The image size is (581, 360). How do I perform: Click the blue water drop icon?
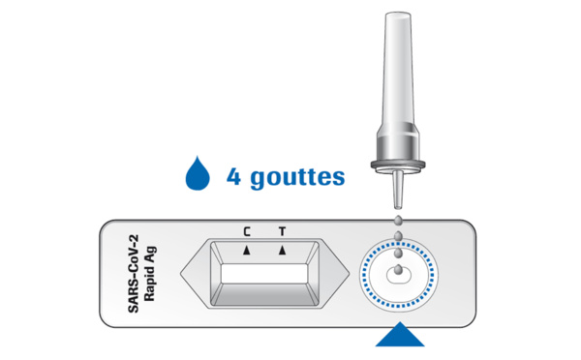pos(198,175)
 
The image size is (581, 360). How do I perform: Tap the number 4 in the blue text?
pos(233,177)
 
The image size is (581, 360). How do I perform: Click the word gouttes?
pos(297,178)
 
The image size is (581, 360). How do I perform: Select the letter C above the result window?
pos(247,232)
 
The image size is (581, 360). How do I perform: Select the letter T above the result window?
pos(283,232)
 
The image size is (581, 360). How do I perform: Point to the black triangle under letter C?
pos(247,251)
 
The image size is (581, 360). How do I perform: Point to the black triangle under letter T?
pos(283,251)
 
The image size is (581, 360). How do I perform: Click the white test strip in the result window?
pos(264,274)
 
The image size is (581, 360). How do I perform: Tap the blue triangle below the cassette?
pos(400,335)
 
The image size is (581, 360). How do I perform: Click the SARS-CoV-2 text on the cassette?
pos(133,274)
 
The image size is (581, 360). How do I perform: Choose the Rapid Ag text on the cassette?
pos(149,274)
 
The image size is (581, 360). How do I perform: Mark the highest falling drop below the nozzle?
pos(398,221)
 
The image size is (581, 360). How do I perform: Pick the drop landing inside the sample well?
pos(398,269)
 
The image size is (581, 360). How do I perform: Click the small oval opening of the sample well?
pos(399,275)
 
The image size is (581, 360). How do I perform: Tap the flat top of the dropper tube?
pos(398,15)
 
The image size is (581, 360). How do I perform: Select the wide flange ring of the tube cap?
pos(398,165)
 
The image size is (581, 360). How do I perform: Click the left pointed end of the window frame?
pos(182,274)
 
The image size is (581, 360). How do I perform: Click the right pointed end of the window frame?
pos(348,274)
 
